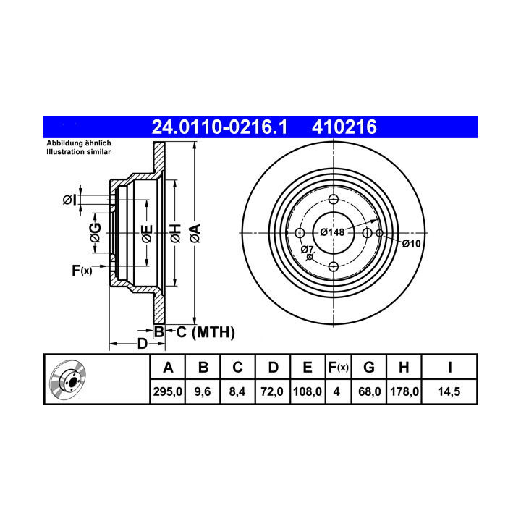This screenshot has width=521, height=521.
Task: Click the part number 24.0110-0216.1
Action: coord(219,127)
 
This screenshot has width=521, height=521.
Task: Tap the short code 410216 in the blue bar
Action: coord(344,127)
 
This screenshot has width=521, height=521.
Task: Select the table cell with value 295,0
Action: coord(167,391)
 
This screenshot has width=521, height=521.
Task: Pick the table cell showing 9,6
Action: coord(203,391)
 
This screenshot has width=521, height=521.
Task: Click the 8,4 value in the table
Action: coord(237,391)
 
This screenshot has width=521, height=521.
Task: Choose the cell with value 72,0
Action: coord(272,391)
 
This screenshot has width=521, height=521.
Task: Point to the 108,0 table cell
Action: coord(308,391)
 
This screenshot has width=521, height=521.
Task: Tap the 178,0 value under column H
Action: coord(404,391)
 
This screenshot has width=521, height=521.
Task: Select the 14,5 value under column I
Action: coord(449,391)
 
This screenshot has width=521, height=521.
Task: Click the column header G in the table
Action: coord(369,367)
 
